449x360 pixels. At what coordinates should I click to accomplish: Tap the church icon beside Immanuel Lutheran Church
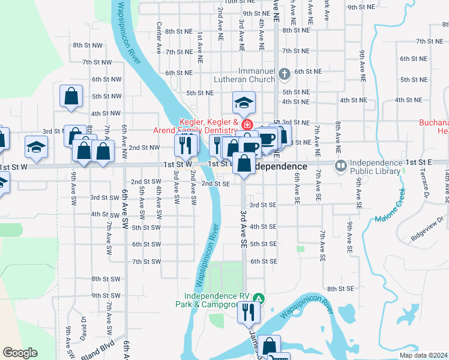[x=285, y=74]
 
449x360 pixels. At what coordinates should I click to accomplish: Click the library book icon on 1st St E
[x=340, y=164]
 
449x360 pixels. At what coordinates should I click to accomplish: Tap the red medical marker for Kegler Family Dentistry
[x=247, y=124]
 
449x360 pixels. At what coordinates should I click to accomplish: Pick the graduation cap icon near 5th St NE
[x=244, y=103]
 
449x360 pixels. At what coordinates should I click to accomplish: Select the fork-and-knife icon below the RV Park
[x=248, y=313]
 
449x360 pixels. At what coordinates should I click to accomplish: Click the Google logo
[x=20, y=353]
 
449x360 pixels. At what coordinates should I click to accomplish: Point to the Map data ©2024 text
[x=424, y=355]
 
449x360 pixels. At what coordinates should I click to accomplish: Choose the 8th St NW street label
[x=85, y=46]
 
